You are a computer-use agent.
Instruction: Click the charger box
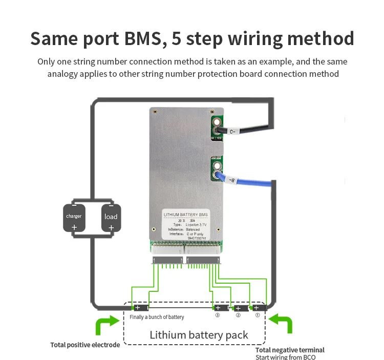click(x=74, y=219)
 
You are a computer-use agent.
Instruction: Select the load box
click(x=111, y=219)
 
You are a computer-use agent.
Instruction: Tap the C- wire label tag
click(x=232, y=132)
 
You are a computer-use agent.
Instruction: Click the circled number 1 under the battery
click(x=258, y=315)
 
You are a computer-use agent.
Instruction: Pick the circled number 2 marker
click(x=238, y=315)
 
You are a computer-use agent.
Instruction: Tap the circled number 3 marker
click(x=217, y=315)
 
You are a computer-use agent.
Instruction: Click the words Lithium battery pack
click(x=199, y=335)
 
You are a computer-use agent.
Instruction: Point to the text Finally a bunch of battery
click(x=157, y=317)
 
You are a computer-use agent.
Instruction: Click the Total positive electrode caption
click(x=85, y=345)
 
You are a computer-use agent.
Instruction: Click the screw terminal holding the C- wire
click(x=218, y=123)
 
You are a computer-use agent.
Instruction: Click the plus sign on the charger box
click(x=74, y=227)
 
